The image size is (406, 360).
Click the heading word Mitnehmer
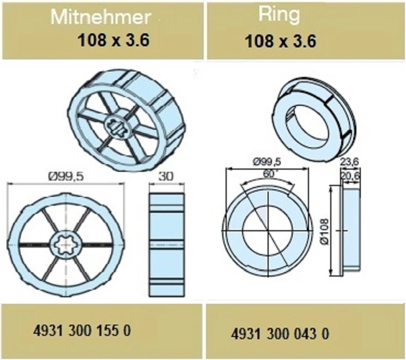[100, 17]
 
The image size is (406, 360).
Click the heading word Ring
[280, 15]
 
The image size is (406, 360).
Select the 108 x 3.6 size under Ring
[280, 41]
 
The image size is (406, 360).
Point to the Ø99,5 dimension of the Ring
[269, 161]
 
